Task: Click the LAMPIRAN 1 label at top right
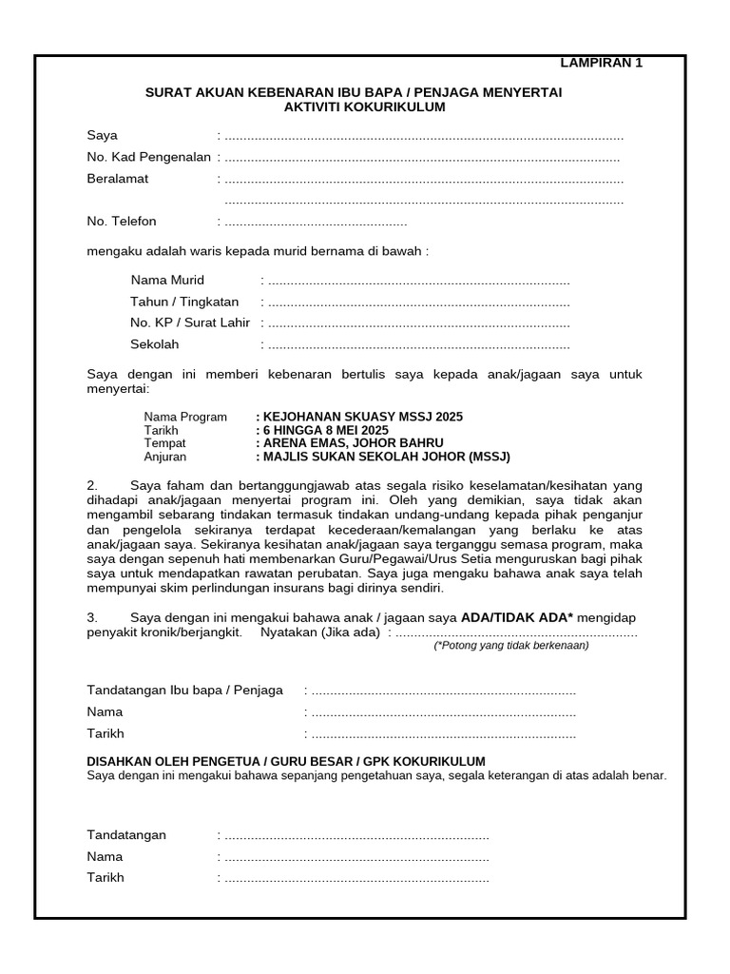tap(601, 64)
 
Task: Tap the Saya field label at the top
tap(103, 135)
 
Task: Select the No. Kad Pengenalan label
tap(148, 157)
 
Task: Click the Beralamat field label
tap(118, 179)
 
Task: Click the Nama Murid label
tap(167, 281)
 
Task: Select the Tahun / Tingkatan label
tap(184, 302)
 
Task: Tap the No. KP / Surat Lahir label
tap(190, 323)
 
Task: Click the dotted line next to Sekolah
tap(418, 345)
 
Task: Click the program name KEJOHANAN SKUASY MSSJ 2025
tap(362, 417)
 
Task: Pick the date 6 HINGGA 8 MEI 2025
tap(324, 430)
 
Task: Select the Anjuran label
tap(165, 457)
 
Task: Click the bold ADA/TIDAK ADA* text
tap(517, 617)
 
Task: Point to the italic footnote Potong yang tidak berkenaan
tap(511, 645)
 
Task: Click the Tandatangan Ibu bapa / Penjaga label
tap(185, 691)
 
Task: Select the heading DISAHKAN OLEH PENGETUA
tap(286, 762)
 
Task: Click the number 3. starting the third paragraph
tap(93, 617)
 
